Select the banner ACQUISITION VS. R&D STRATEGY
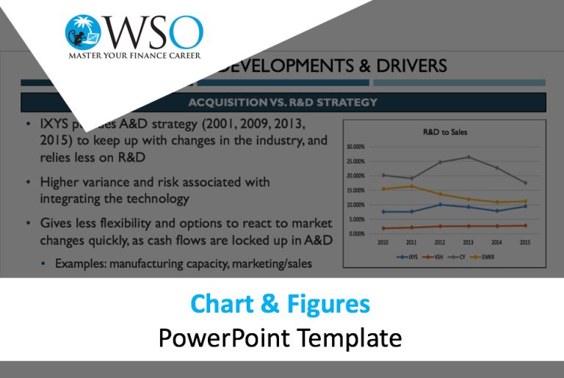tap(283, 102)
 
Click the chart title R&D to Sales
tap(445, 132)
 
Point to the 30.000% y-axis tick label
tap(355, 147)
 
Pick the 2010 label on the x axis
tap(383, 241)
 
